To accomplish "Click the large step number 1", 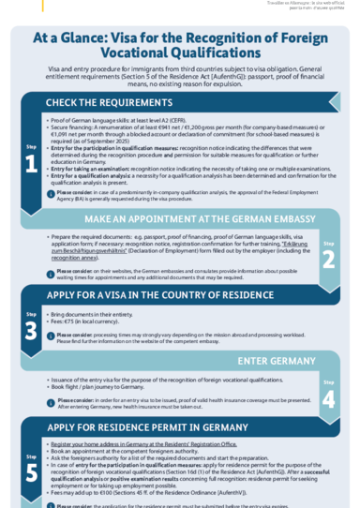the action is point(31,164).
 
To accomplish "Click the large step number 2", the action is point(328,260).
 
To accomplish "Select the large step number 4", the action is point(328,397).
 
